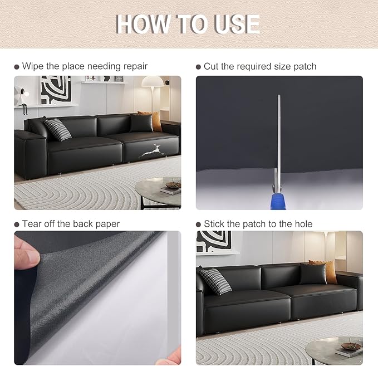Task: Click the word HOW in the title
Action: point(142,24)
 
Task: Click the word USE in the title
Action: point(237,24)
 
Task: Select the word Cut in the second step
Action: point(211,66)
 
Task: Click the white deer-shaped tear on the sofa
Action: point(152,151)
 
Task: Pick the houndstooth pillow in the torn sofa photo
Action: point(57,129)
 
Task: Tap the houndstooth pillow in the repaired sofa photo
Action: point(215,281)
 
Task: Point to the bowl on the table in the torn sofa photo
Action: point(173,185)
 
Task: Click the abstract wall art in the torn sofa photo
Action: point(56,90)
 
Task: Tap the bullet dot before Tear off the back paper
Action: point(17,225)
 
